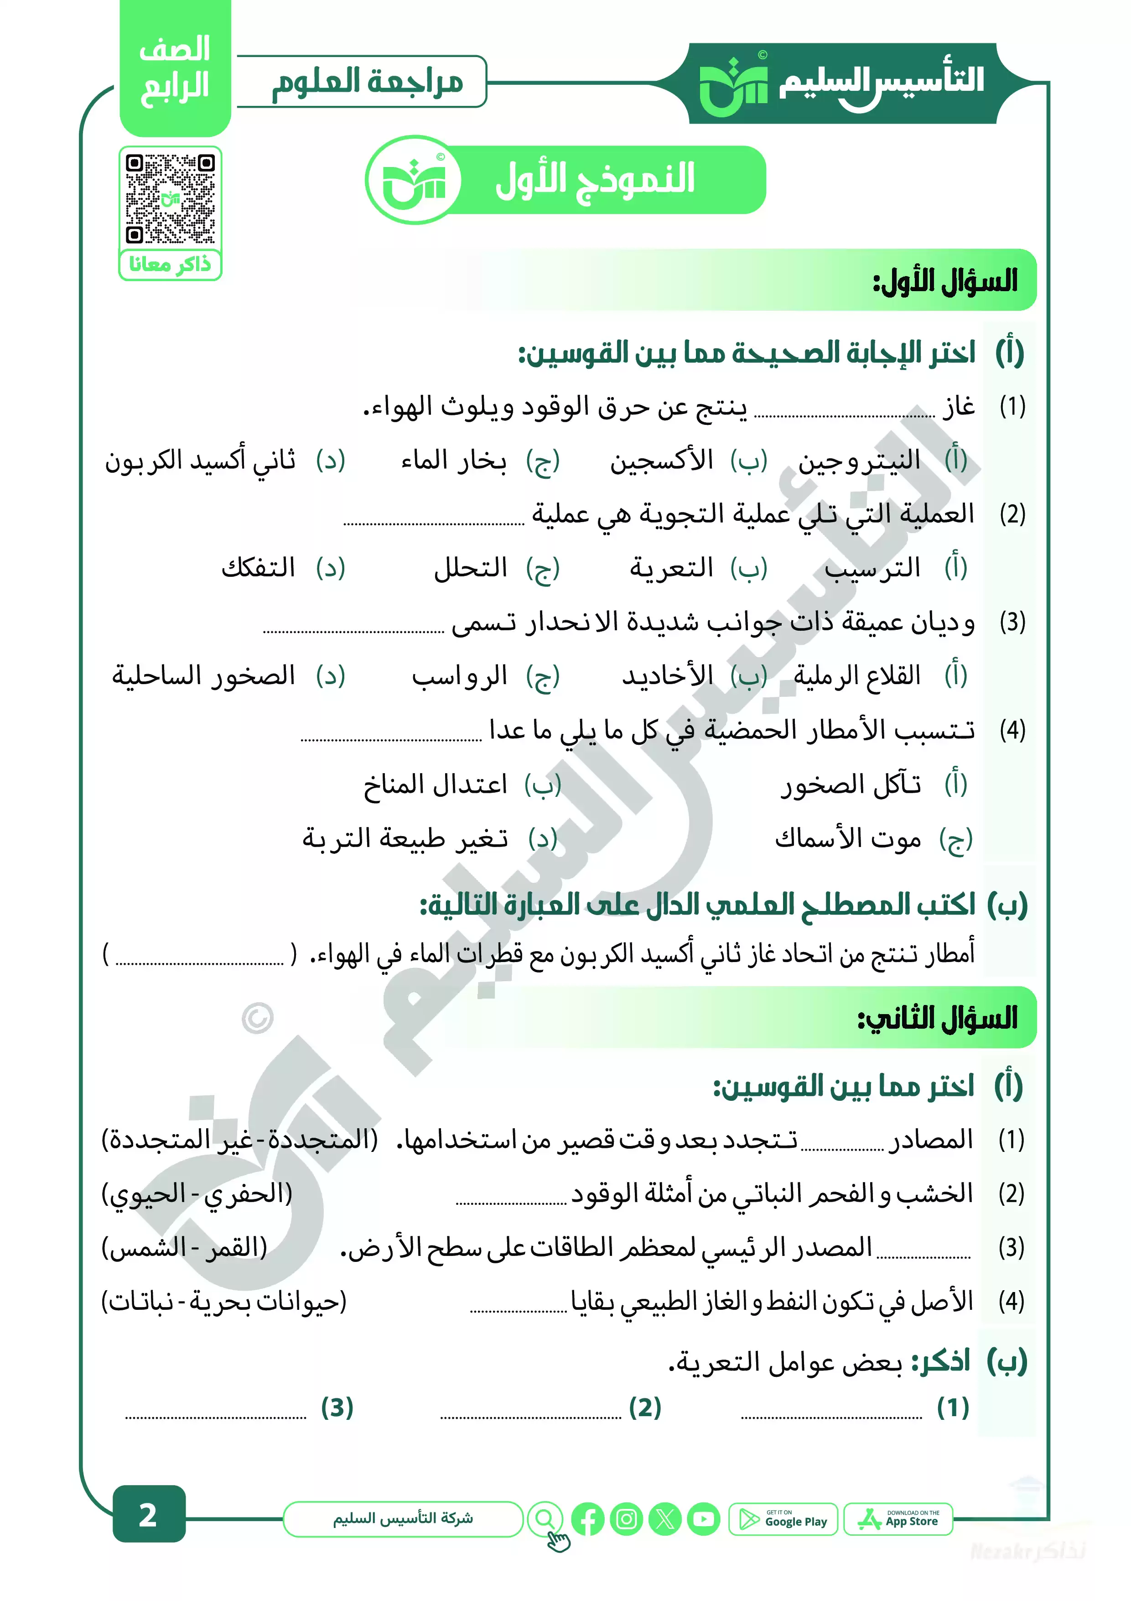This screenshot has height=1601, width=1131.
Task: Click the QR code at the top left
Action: click(170, 199)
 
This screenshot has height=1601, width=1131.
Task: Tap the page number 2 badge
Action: click(148, 1514)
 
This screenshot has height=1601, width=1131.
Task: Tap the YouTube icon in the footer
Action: click(704, 1519)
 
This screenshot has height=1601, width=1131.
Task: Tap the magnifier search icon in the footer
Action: click(545, 1518)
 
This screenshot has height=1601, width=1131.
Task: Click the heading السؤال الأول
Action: click(945, 282)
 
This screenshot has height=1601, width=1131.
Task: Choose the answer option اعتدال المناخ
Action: click(435, 785)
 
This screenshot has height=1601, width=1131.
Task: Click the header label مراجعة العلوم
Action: click(367, 82)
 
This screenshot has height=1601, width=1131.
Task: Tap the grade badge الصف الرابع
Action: click(175, 70)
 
